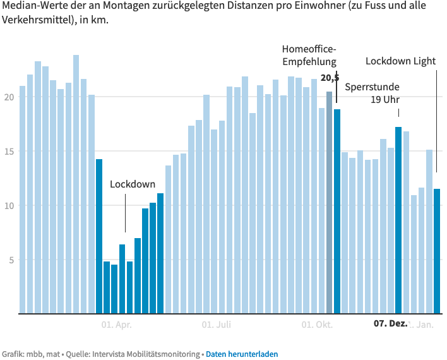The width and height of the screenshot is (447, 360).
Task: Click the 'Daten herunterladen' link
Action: [x=241, y=354]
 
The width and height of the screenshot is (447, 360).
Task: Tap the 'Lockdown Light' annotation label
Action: [x=400, y=61]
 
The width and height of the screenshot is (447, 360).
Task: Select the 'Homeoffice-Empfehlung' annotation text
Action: [x=309, y=55]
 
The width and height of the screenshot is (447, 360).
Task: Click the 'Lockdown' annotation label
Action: [x=133, y=184]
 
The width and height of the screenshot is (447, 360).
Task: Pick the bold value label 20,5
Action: [x=330, y=78]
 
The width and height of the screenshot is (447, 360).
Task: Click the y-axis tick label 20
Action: [x=8, y=97]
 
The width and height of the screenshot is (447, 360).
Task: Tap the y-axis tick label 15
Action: [x=8, y=152]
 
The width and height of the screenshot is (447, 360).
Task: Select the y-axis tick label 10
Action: [x=8, y=206]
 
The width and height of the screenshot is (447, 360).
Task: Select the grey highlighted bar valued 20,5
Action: [x=330, y=202]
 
